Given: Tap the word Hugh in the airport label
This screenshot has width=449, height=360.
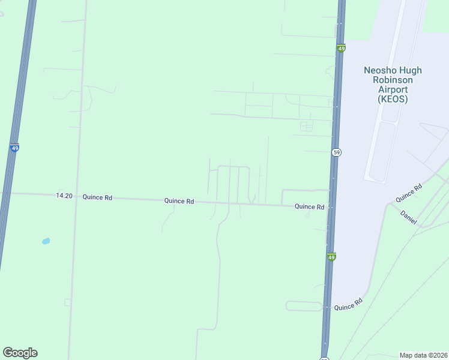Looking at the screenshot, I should click(410, 70).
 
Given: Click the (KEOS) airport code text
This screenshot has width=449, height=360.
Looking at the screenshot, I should click(393, 99).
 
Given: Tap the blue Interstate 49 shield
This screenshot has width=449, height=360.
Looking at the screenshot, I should click(14, 148).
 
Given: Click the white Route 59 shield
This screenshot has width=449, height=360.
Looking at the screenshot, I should click(336, 152).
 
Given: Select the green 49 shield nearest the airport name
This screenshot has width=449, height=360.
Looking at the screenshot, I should click(341, 48).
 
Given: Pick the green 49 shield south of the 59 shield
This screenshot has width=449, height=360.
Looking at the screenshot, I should click(331, 257).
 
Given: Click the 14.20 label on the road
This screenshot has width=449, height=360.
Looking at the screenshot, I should click(64, 196).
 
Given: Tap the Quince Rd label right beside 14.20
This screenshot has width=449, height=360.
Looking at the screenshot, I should click(97, 197).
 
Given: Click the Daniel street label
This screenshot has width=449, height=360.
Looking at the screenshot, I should click(408, 218).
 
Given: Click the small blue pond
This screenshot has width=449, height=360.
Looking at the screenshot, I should click(46, 241).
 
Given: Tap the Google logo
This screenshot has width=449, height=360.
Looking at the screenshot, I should click(20, 353).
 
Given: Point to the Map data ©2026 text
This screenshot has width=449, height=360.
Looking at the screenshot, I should click(423, 355).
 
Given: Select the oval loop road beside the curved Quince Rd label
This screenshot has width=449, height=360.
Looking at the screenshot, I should click(304, 306).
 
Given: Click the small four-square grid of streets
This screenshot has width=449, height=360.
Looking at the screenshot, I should click(306, 126).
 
